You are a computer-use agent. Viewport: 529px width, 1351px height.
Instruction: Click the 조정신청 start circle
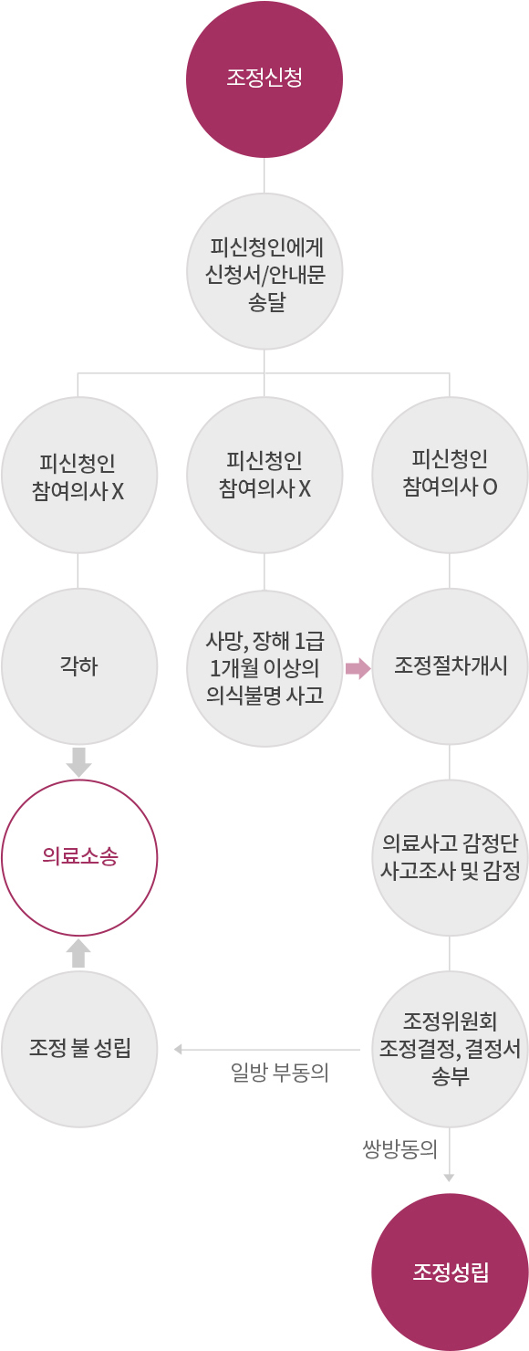(264, 79)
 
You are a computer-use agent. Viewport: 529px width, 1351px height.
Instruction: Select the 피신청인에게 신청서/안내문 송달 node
(264, 271)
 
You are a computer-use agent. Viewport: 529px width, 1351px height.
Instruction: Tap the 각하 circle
(79, 666)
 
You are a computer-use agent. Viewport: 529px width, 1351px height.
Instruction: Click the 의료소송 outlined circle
(79, 858)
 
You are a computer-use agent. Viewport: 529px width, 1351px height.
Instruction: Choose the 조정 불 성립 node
(79, 1049)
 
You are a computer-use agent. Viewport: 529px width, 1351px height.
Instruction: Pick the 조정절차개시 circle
(450, 666)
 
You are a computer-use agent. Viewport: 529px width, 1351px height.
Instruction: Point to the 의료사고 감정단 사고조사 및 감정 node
(450, 858)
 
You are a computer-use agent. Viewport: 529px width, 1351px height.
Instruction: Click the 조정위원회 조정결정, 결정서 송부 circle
(450, 1049)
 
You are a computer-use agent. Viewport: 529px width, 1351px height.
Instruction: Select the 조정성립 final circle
(450, 1272)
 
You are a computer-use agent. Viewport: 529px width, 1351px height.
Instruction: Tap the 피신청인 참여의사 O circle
(450, 475)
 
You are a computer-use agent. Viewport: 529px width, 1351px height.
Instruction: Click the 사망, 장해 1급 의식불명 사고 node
(264, 668)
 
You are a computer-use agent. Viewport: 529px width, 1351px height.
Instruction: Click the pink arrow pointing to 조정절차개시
(358, 668)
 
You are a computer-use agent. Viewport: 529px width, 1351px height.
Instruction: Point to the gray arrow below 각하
(79, 762)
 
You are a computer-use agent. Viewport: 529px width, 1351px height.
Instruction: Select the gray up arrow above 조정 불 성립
(78, 953)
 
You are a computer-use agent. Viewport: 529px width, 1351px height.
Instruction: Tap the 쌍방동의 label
(399, 1149)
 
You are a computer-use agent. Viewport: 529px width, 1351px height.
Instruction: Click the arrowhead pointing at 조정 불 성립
(178, 1050)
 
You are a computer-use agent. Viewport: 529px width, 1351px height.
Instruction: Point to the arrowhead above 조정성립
(449, 1178)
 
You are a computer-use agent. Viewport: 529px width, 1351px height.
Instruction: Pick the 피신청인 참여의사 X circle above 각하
(79, 475)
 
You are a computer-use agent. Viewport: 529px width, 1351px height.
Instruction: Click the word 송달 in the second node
(266, 301)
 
